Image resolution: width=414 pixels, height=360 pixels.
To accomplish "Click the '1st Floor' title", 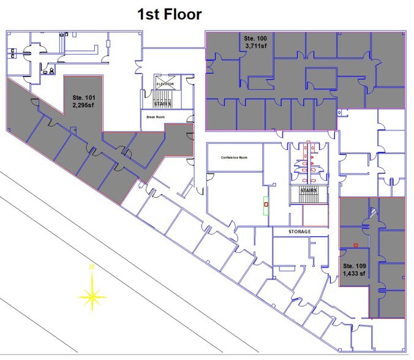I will pos(169,13).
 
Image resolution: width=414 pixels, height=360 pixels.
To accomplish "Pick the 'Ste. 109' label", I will pos(354,266).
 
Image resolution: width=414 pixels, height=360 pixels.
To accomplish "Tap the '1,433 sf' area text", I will pos(354,274).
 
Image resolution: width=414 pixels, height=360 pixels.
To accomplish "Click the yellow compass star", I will pos(92,296).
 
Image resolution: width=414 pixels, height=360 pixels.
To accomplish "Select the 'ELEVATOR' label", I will pos(165,83).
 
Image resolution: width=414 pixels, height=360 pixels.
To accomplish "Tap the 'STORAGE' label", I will pos(300,232).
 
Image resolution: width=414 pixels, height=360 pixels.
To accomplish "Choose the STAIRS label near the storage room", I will pos(307,190).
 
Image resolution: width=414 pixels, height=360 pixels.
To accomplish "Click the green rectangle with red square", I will pos(266,205).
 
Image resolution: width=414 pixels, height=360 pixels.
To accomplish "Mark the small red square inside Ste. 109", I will pos(355,246).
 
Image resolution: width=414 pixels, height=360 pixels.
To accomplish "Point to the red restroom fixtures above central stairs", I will pos(307,163).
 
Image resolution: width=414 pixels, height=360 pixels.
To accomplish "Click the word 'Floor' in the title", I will pos(182,13).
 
